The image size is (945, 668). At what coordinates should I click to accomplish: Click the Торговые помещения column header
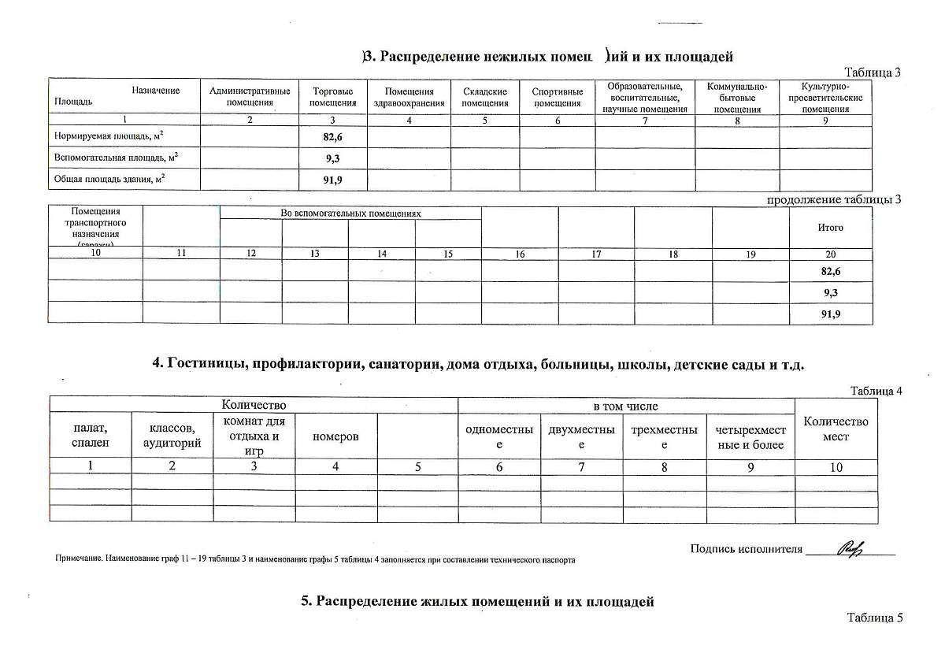333,97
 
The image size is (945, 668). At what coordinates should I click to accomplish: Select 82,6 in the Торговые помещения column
332,137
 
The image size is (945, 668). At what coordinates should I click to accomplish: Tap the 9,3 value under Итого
830,292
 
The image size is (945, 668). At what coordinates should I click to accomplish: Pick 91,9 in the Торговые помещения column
332,180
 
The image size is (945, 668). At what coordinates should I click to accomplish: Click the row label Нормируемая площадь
108,137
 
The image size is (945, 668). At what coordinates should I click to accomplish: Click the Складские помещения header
484,97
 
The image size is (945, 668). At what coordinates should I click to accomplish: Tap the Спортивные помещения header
557,97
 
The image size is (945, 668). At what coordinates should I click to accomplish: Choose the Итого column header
831,228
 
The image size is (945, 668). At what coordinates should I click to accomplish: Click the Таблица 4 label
876,391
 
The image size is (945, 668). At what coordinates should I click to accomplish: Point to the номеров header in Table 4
335,436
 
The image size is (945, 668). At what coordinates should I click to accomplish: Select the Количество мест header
836,429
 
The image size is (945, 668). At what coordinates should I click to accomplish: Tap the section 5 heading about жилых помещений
478,602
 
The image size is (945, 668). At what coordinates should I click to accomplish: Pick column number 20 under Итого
831,254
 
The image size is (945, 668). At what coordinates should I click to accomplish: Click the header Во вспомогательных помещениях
350,213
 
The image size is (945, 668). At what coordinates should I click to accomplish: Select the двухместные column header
581,436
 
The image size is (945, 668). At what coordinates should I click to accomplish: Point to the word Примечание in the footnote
77,560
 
